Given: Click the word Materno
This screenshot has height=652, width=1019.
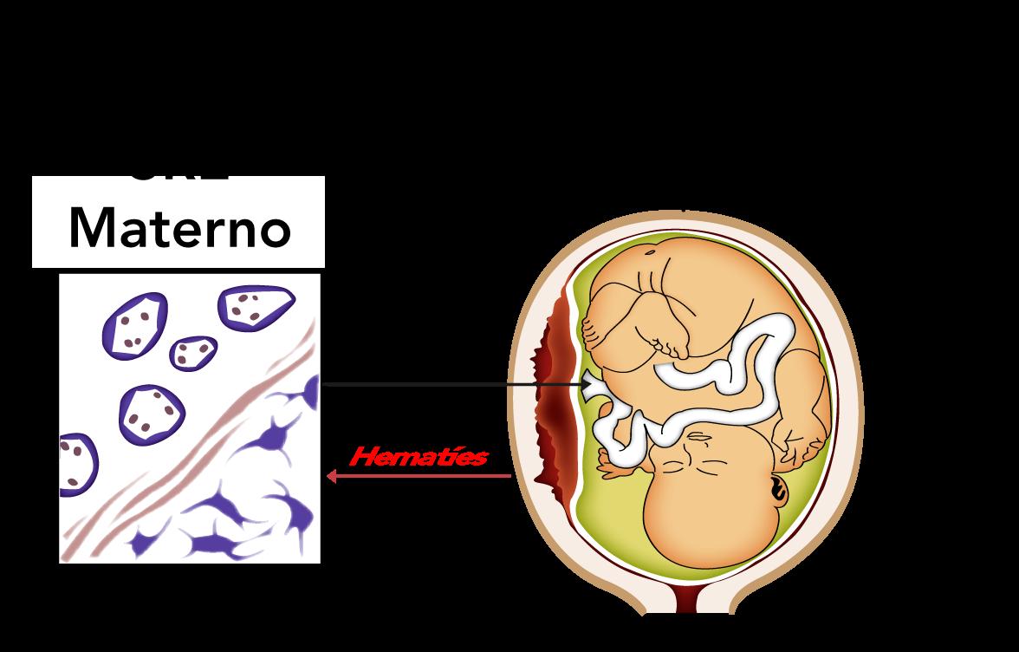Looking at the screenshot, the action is point(178,227).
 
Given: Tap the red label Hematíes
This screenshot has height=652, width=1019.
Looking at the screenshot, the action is point(418,457).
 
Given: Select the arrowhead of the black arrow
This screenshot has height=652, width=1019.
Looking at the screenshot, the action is point(587,383).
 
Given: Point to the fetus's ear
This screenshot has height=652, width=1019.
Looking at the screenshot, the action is point(776,491).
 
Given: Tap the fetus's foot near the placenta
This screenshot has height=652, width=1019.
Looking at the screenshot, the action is point(597,330).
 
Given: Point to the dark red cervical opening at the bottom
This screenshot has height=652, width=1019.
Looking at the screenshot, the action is point(690,597).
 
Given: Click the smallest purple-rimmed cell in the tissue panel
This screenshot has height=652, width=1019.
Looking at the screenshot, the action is point(193,350).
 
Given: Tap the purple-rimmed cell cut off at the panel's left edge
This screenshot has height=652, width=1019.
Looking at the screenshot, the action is point(75,464).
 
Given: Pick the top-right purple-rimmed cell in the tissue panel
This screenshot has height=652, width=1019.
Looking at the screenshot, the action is point(256,306).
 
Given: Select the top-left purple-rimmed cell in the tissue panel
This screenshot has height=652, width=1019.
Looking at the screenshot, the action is point(134,323).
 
